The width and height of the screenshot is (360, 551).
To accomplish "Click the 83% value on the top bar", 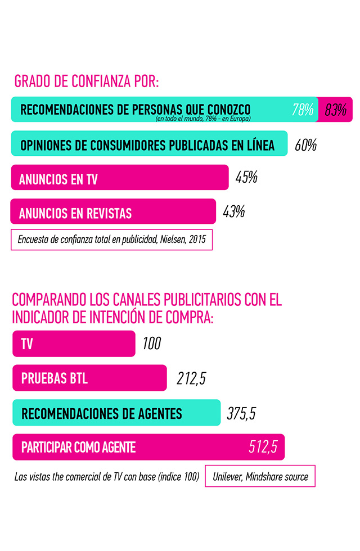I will (335, 110).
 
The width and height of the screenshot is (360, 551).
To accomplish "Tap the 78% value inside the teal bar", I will (303, 110).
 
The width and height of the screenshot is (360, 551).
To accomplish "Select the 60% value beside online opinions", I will (305, 145).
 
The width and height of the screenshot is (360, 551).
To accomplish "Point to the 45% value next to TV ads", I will (246, 178).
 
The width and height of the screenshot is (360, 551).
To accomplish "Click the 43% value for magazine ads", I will (233, 212).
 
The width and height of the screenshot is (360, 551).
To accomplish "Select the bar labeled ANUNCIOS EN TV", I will (120, 178).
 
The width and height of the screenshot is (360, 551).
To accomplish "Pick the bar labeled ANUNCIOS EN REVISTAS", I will (113, 212).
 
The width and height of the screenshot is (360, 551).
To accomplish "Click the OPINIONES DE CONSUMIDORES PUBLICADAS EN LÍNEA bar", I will (149, 144).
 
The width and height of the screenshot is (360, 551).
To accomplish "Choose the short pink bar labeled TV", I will (74, 344).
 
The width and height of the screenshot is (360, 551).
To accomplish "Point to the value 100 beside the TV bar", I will (151, 344).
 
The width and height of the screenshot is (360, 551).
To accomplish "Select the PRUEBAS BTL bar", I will (89, 378).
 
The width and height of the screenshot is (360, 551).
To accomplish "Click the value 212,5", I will (191, 378).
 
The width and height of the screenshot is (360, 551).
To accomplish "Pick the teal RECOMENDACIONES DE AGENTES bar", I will (116, 413).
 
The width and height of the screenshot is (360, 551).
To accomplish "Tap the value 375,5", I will (241, 413).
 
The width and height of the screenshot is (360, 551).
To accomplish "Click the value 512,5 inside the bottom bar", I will (263, 447).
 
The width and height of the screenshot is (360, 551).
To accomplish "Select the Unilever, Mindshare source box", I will (260, 476).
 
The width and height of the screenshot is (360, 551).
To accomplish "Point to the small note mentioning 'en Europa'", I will (202, 119).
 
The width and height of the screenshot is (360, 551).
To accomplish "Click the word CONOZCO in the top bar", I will (227, 109).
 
